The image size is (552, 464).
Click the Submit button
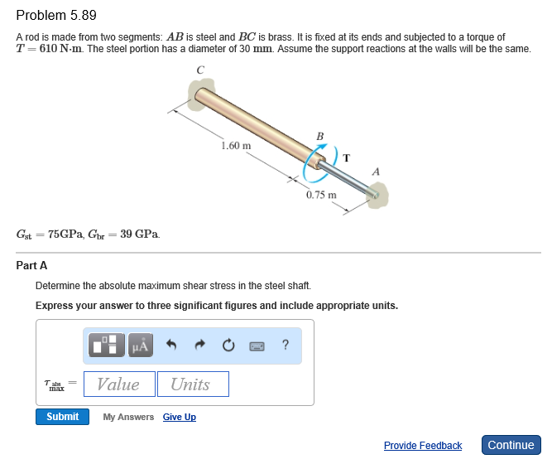tap(62, 417)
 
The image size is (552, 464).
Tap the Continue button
tap(511, 445)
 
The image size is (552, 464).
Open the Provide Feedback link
tap(422, 446)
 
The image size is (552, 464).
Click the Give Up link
tap(180, 417)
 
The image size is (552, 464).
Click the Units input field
tap(193, 384)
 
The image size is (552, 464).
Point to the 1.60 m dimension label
tap(236, 145)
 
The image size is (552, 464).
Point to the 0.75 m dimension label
tap(320, 196)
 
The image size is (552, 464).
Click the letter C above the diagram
tap(199, 70)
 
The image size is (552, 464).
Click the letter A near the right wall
tap(377, 171)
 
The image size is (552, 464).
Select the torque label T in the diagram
tap(346, 157)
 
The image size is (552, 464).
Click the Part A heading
tap(31, 265)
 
